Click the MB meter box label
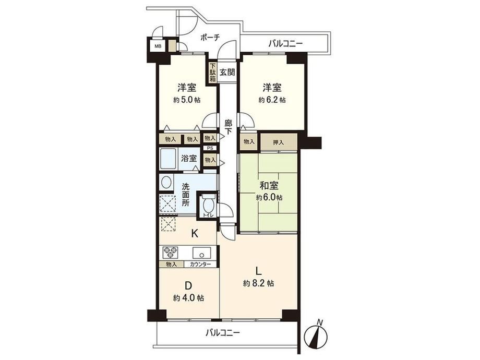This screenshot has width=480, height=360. [x=158, y=46]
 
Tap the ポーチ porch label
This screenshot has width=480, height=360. [x=210, y=38]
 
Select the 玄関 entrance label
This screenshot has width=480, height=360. [x=227, y=73]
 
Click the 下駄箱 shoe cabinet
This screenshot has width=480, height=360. [x=212, y=72]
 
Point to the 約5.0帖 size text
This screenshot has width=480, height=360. [x=187, y=100]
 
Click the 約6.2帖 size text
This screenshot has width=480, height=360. [x=272, y=100]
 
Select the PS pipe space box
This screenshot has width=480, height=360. [x=210, y=148]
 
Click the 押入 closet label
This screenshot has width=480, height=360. [x=278, y=142]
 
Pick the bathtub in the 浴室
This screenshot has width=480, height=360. [x=168, y=159]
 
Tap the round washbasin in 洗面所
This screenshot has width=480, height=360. [x=166, y=183]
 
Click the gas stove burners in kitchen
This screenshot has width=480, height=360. [x=171, y=253]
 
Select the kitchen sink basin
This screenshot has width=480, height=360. [x=201, y=253]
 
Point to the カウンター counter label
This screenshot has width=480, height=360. [x=200, y=265]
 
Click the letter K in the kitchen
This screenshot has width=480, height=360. [x=195, y=234]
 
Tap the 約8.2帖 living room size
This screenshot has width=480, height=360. [x=258, y=283]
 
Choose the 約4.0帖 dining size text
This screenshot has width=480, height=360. [x=188, y=297]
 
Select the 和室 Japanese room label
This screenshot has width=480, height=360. [x=269, y=186]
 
